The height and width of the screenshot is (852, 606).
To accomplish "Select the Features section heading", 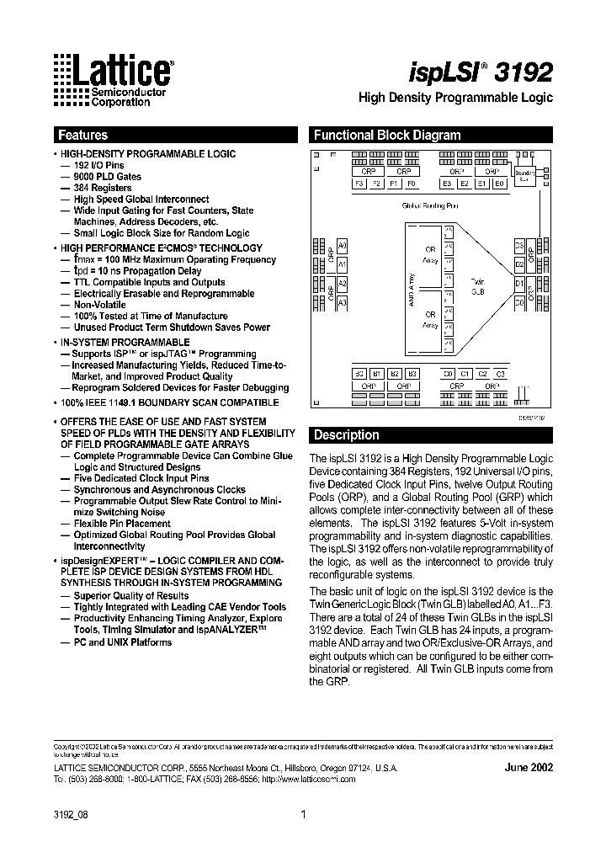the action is [82, 135].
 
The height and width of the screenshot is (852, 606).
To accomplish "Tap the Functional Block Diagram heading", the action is [387, 135].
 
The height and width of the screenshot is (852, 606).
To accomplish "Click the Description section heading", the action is [346, 435].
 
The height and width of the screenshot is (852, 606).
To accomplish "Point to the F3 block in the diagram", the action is [359, 183].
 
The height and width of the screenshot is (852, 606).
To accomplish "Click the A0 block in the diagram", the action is [342, 245].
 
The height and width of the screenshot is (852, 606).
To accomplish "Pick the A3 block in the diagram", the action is [342, 301].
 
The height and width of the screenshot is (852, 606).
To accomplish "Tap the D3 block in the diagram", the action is [519, 245].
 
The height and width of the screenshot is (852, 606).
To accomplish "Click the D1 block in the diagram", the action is [519, 283].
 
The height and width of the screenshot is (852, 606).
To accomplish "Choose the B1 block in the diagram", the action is [377, 374].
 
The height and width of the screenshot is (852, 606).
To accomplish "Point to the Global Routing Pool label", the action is [430, 205].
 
